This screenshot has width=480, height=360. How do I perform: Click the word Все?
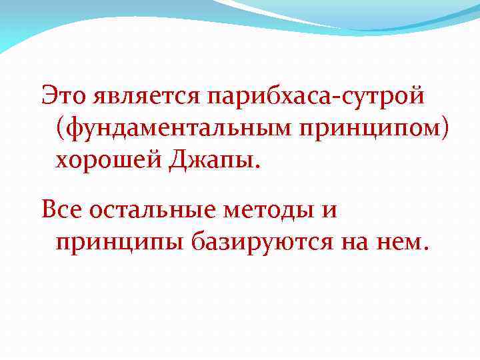(x=63, y=211)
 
